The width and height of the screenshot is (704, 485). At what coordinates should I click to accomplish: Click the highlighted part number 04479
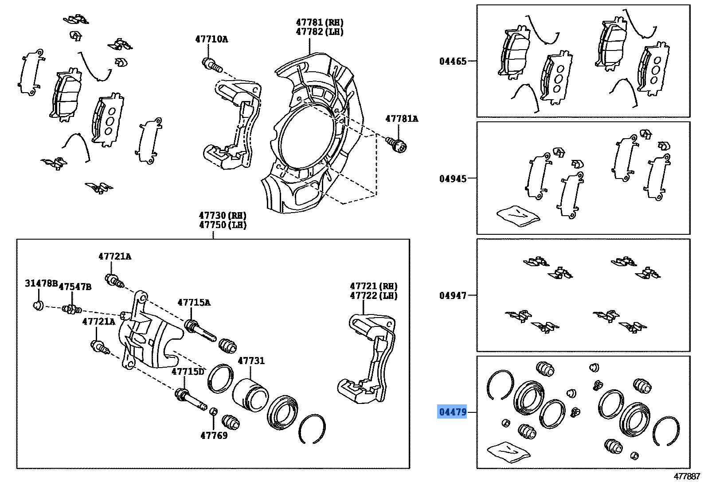click(x=452, y=412)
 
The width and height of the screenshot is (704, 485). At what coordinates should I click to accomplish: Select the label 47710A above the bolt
click(x=211, y=39)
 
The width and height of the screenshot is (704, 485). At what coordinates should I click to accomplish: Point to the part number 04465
click(x=453, y=62)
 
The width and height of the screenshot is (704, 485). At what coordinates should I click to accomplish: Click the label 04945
click(x=453, y=178)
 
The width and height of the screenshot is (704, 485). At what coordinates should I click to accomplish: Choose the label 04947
click(x=453, y=295)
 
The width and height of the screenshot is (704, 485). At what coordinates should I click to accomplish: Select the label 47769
click(x=214, y=435)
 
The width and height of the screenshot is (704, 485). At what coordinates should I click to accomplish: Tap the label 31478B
click(x=41, y=283)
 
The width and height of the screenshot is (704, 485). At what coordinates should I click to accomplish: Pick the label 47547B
click(x=75, y=287)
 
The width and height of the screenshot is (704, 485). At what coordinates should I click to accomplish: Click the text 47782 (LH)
click(x=319, y=32)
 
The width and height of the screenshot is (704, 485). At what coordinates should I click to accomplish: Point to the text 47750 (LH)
click(x=223, y=225)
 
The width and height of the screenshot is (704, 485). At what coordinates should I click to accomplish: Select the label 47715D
click(x=188, y=372)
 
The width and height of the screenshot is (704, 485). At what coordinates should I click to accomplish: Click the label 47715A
click(x=194, y=303)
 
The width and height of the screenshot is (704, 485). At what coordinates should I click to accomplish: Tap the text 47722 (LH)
click(x=373, y=296)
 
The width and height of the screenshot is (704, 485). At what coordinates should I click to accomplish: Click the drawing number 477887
click(x=687, y=477)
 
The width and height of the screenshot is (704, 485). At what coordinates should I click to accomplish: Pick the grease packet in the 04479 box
click(x=508, y=451)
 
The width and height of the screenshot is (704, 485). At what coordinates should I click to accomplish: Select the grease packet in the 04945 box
click(x=518, y=215)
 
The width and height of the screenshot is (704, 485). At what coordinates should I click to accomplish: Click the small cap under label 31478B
click(x=39, y=305)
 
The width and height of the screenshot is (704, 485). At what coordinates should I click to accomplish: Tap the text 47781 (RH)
click(x=319, y=22)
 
